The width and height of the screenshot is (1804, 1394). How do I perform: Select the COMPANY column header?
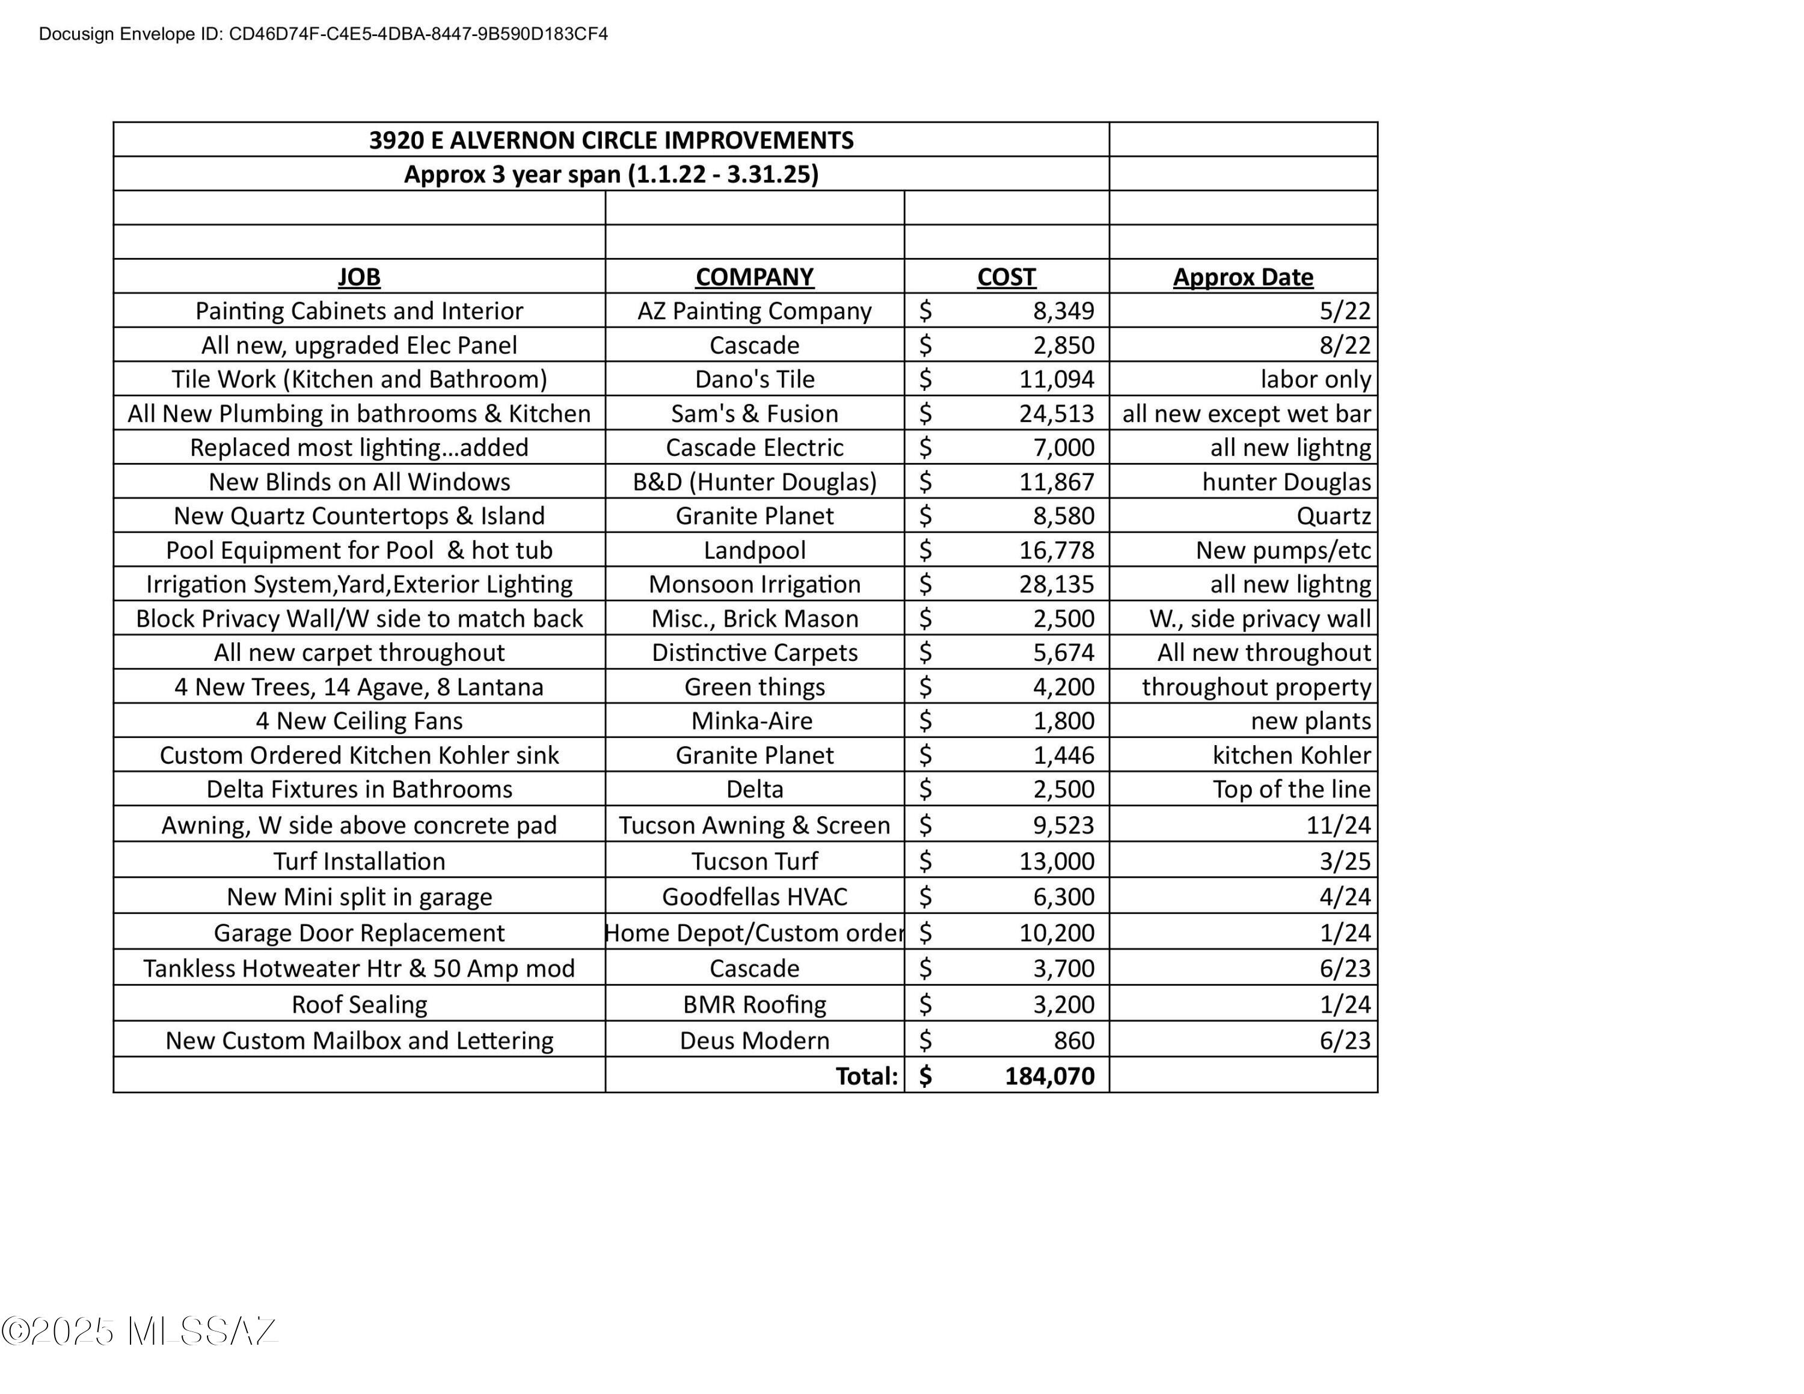pos(754,277)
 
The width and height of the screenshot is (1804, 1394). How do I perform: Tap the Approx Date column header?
pos(1242,277)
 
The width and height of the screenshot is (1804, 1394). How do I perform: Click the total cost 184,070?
pos(1049,1076)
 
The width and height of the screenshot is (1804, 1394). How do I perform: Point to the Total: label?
pos(866,1076)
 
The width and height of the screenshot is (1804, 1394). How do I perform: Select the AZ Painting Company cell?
pos(754,310)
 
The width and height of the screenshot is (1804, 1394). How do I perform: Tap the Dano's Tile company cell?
pos(754,379)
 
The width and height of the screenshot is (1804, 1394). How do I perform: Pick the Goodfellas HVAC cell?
pos(754,897)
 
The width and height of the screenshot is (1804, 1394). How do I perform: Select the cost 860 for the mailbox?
pos(1074,1040)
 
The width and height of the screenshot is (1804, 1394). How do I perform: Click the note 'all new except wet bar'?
pos(1245,413)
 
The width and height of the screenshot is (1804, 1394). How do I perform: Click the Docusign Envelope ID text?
pos(323,34)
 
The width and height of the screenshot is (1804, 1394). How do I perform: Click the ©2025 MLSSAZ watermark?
pos(139,1331)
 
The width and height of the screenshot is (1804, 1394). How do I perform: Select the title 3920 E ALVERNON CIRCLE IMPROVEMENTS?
pos(610,140)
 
